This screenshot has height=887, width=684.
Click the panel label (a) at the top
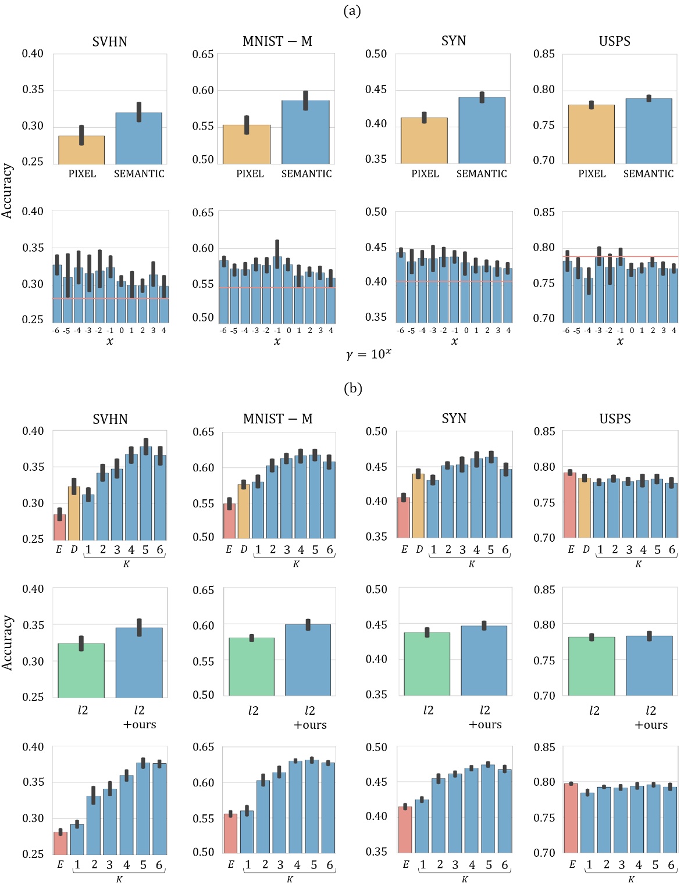pyautogui.click(x=352, y=10)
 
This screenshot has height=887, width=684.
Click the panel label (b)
pyautogui.click(x=353, y=388)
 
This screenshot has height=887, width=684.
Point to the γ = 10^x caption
pyautogui.click(x=368, y=354)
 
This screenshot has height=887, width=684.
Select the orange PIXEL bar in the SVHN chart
pyautogui.click(x=81, y=150)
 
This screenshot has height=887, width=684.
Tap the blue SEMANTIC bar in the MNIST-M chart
pyautogui.click(x=305, y=133)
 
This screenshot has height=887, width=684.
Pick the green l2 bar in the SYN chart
pyautogui.click(x=427, y=664)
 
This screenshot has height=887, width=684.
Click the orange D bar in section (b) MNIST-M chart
pyautogui.click(x=243, y=512)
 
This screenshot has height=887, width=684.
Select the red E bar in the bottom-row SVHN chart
pyautogui.click(x=60, y=843)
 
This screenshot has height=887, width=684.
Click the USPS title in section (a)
pyautogui.click(x=614, y=41)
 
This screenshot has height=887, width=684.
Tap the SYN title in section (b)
pyautogui.click(x=454, y=419)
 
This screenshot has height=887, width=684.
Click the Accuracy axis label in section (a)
pyautogui.click(x=7, y=191)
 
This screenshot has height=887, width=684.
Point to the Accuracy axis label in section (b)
pyautogui.click(x=7, y=642)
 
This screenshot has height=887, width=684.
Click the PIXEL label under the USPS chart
pyautogui.click(x=592, y=174)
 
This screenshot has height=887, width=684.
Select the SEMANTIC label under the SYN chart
pyautogui.click(x=481, y=174)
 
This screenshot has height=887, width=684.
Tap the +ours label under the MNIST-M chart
pyautogui.click(x=310, y=725)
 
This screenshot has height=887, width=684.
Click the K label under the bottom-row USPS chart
pyautogui.click(x=631, y=879)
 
